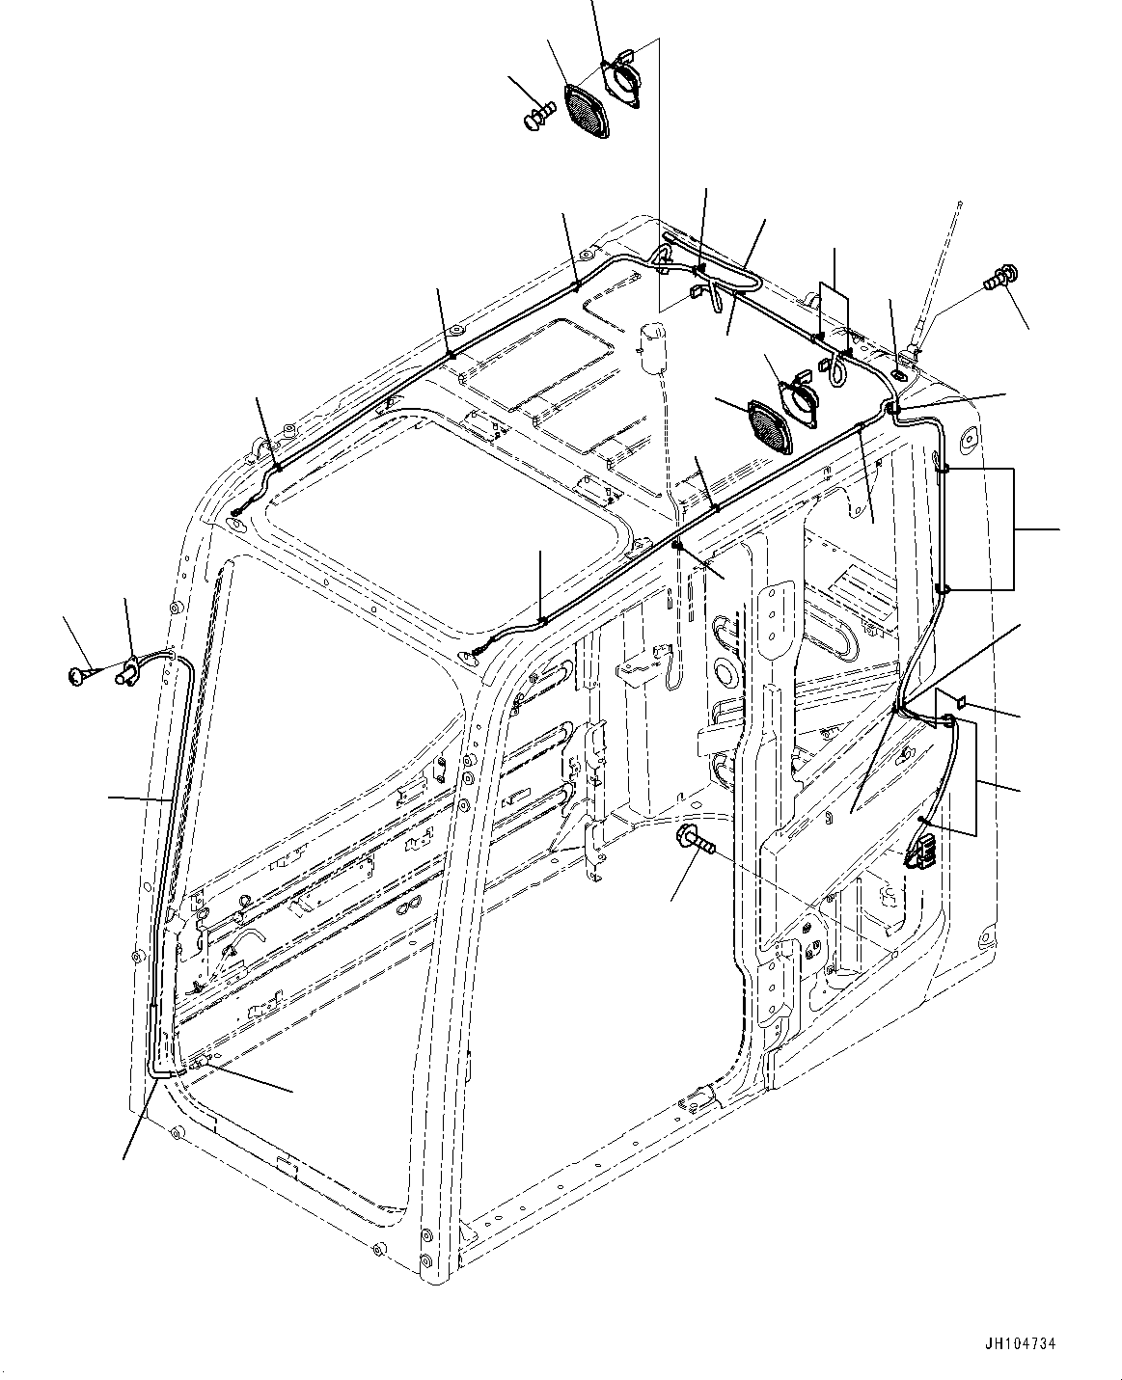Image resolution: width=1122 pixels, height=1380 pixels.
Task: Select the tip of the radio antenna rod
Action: click(961, 203)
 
